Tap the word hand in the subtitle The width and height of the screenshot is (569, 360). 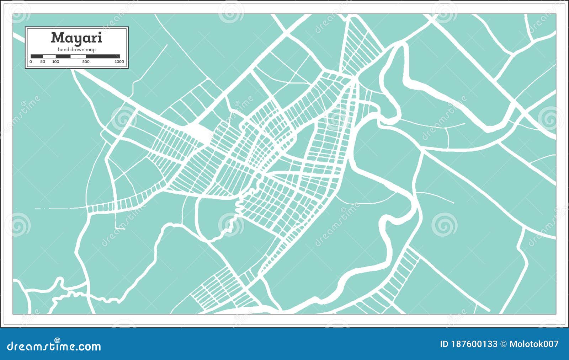[63, 50]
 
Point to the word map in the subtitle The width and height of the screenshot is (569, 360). [91, 50]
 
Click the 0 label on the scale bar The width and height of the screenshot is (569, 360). [31, 62]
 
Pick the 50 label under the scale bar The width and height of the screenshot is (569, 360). [43, 62]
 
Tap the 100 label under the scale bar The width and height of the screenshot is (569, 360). [55, 62]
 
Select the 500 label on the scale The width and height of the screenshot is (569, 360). [86, 62]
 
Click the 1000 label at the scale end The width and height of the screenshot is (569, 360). [119, 62]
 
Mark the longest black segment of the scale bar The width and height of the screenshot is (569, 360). [103, 56]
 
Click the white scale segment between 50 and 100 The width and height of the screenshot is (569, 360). [49, 56]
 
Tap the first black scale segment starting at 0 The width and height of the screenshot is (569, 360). [37, 56]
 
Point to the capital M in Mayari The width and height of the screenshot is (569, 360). [57, 38]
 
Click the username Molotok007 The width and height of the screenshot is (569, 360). [534, 344]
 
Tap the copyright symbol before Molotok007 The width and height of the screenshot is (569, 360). [503, 344]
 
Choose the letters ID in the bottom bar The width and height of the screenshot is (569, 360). [444, 344]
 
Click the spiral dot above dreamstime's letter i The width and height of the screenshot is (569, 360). [57, 340]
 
